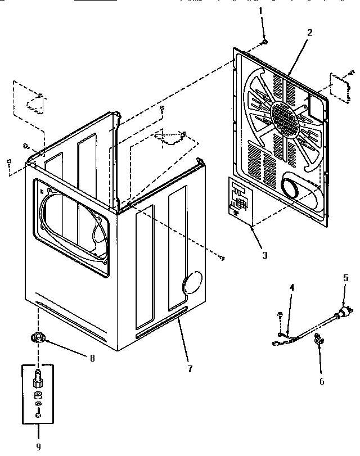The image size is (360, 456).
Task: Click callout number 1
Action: point(260,11)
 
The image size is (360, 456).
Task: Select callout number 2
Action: point(309,32)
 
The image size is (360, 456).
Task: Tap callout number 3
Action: point(264,255)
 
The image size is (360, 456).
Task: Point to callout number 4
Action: point(291,288)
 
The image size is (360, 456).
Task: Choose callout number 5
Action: point(346,277)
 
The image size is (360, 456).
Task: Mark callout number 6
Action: point(322,381)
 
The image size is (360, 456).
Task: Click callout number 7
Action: point(190,369)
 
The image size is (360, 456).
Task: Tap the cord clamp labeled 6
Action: point(318,338)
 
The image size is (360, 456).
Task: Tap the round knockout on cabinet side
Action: point(192,283)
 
